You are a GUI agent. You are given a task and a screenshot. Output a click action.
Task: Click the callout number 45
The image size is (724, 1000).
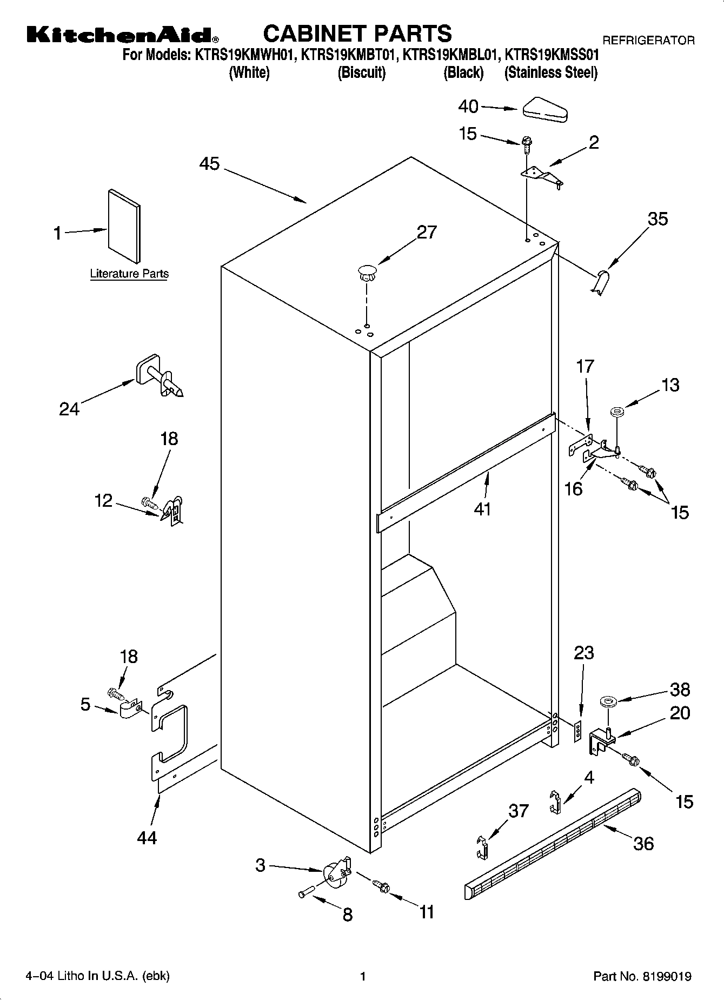[x=209, y=163]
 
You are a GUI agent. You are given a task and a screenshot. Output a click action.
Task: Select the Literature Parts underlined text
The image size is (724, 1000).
[x=129, y=274]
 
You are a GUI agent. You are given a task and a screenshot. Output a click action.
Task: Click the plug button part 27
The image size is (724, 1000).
[x=367, y=273]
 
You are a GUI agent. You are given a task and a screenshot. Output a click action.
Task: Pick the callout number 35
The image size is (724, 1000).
[x=657, y=219]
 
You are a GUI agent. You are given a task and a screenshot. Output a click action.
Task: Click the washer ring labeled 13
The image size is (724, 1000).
[x=617, y=413]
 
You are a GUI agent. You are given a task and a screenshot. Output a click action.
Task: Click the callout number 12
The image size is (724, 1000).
[x=103, y=501]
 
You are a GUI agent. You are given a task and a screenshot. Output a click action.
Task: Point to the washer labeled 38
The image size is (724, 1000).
[x=608, y=702]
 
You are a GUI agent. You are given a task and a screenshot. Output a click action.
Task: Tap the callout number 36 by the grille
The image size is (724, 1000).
[x=643, y=843]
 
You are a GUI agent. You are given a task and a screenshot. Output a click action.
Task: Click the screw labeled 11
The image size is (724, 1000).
[x=382, y=886]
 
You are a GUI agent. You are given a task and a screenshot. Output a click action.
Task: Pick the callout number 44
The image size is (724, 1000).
[x=147, y=838]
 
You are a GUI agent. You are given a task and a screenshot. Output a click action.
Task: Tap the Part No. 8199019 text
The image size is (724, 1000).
[x=642, y=976]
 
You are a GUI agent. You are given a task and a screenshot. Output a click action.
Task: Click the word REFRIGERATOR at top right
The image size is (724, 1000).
[x=648, y=40]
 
